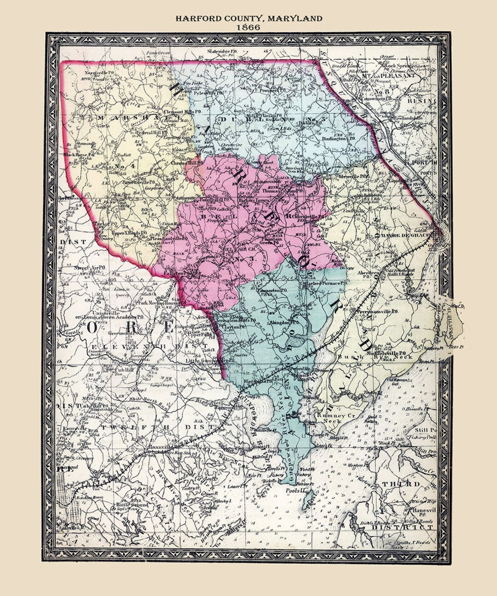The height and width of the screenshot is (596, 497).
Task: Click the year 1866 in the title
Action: point(248,27)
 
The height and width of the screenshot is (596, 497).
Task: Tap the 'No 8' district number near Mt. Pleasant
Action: point(396,92)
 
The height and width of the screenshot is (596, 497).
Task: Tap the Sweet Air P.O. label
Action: point(90,267)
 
